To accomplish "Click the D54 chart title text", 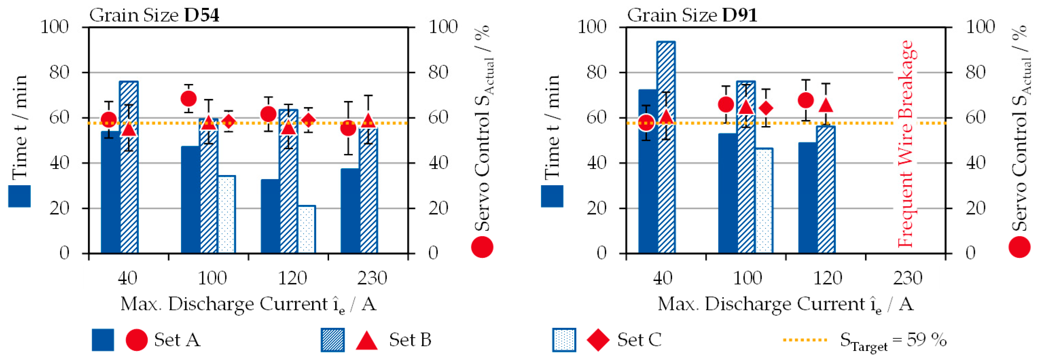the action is coord(154,15).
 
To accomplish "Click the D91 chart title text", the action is coord(692,15).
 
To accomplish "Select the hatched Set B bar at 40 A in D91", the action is coord(666,147).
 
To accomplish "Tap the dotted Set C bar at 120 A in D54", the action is coord(307,229).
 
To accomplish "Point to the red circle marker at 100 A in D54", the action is coord(188,99).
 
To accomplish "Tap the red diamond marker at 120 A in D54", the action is coord(308,120).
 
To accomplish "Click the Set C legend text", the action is coord(639,340).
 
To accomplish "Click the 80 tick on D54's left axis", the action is coord(59,72).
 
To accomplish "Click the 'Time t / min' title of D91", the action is coord(552,127).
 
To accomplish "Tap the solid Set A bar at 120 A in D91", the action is coord(808,198).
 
